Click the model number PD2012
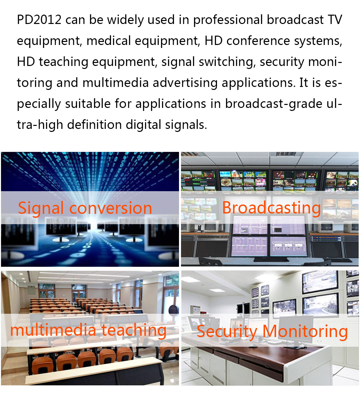(39, 20)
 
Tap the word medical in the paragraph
(109, 41)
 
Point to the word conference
(258, 41)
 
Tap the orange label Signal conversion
(85, 208)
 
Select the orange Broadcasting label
(271, 208)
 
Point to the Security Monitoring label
(272, 332)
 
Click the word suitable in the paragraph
(88, 104)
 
